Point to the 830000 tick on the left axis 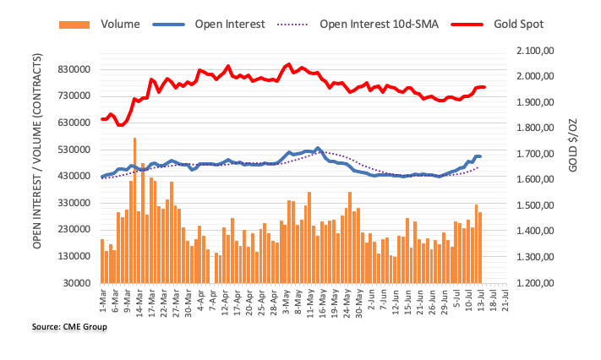[x=72, y=69]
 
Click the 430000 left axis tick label [x=72, y=176]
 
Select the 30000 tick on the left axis [x=74, y=283]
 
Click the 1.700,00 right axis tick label [x=532, y=155]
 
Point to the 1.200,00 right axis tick [x=532, y=283]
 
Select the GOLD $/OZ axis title [x=576, y=167]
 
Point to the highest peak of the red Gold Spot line [x=289, y=64]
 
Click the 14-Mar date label [x=136, y=301]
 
